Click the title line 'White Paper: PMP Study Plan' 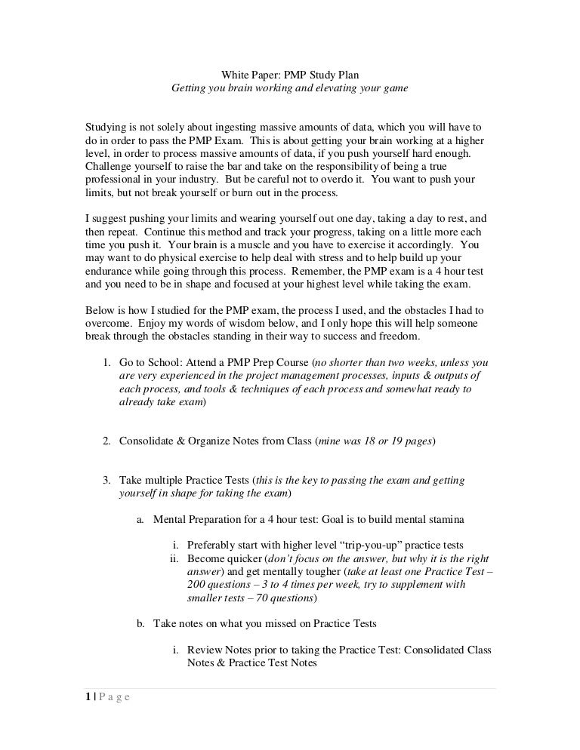click(x=290, y=75)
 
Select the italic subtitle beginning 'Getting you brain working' click(x=290, y=88)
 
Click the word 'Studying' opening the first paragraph click(x=105, y=126)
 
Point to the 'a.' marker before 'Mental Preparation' click(x=140, y=520)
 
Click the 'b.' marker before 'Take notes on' click(x=140, y=624)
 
